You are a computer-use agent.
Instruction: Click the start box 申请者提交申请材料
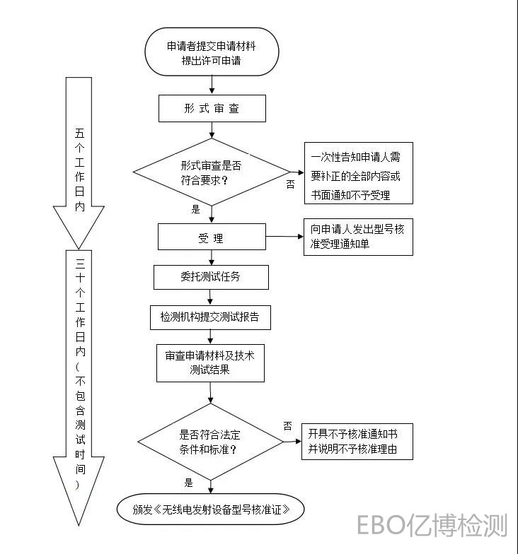click(x=212, y=52)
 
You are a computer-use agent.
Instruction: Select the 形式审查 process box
click(x=212, y=109)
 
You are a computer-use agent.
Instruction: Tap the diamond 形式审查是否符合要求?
click(x=211, y=171)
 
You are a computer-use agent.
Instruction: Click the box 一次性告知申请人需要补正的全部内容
click(x=358, y=173)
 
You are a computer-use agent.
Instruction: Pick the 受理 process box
click(x=212, y=237)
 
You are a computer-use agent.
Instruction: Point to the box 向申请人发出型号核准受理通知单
click(x=358, y=237)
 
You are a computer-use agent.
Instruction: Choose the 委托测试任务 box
click(x=211, y=276)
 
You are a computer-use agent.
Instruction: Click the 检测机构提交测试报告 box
click(x=210, y=317)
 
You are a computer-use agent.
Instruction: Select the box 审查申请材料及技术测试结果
click(x=210, y=363)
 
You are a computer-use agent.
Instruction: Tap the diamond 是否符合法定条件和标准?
click(x=210, y=443)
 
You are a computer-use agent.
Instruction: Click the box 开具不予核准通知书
click(x=357, y=442)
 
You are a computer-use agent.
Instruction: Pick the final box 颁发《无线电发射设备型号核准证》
click(x=211, y=509)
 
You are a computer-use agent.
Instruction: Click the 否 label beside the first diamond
click(x=290, y=184)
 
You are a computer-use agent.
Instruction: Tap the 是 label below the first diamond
click(x=196, y=209)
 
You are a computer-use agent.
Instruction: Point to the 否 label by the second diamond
click(x=288, y=426)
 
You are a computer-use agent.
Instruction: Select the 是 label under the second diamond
click(x=189, y=483)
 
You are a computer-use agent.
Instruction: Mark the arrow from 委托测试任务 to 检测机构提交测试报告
click(x=210, y=297)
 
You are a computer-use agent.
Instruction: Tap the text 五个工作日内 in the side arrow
click(x=79, y=170)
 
